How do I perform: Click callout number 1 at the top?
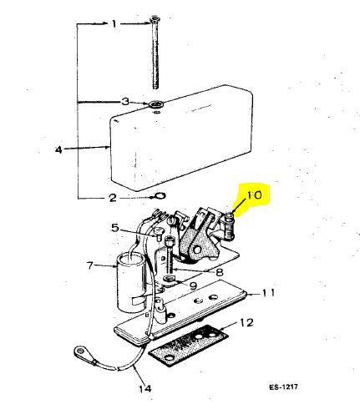[x=116, y=23]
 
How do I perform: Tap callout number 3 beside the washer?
[x=125, y=102]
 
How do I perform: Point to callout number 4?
[x=58, y=150]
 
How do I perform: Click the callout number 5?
[x=116, y=227]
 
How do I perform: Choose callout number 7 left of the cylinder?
[x=91, y=266]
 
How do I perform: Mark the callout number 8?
[x=218, y=271]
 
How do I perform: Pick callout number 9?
[x=193, y=286]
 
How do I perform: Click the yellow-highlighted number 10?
[x=253, y=198]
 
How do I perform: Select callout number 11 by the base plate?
[x=268, y=294]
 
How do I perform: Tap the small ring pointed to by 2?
[x=157, y=198]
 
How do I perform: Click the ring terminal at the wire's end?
[x=83, y=352]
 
